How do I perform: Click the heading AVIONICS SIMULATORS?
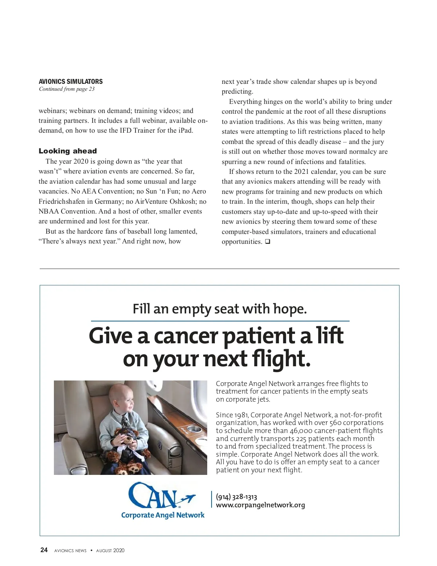[x=71, y=81]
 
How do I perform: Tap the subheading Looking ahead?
[x=68, y=151]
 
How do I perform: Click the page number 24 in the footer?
[x=44, y=550]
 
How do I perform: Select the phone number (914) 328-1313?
[x=236, y=497]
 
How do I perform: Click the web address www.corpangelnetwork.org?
[x=260, y=505]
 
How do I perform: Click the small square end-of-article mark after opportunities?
[x=267, y=242]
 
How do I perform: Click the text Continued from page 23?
[x=67, y=89]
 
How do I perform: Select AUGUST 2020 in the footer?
[x=110, y=551]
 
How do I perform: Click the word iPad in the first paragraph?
[x=185, y=130]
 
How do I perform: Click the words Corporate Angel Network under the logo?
[x=163, y=515]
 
